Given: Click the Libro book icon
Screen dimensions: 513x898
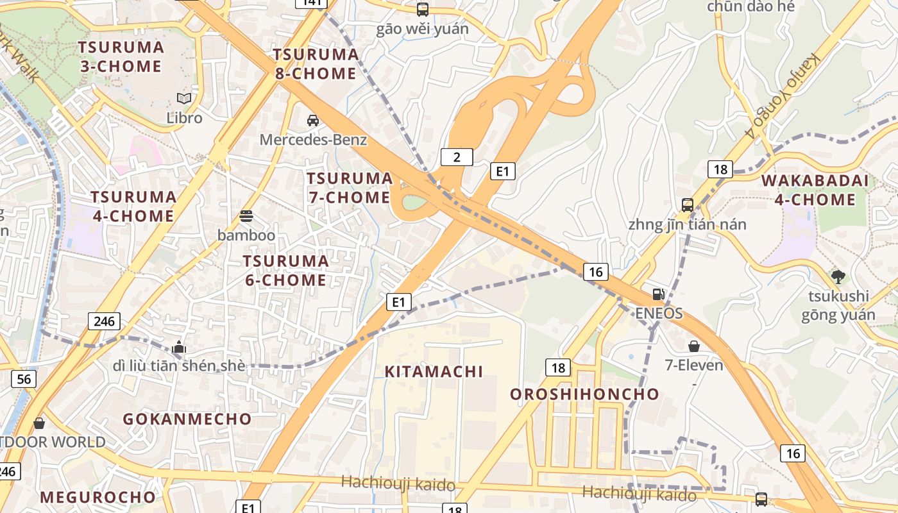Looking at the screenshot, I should tap(184, 98).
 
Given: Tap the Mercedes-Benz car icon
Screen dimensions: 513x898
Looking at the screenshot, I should tap(313, 120).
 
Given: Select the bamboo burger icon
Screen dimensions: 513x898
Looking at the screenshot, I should tap(246, 216).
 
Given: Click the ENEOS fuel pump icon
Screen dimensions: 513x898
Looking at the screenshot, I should tap(658, 294).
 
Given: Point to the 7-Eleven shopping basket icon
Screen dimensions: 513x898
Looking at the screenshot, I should tap(694, 346).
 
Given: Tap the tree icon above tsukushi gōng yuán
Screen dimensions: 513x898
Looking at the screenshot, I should tap(838, 276).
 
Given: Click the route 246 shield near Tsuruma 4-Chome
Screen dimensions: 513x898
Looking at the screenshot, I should tap(104, 321).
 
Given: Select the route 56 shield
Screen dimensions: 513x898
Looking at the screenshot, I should tap(23, 379).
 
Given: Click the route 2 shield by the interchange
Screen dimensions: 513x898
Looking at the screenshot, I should tap(457, 157).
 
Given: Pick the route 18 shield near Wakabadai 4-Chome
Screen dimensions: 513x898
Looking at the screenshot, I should tap(720, 169).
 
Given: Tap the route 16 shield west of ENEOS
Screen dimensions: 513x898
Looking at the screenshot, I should tap(596, 272).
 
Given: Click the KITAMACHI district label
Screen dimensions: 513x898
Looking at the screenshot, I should tap(434, 371).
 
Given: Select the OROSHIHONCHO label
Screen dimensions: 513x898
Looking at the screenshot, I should tap(584, 394).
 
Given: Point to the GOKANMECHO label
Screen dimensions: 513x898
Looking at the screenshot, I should tap(187, 419).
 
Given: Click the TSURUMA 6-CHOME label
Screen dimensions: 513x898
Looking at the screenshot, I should tap(285, 271).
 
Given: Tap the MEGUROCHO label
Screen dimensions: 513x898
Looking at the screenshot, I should tap(97, 498).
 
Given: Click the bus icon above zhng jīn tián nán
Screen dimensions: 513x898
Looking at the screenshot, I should tap(688, 205).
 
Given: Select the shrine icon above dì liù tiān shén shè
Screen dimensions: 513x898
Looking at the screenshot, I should tap(179, 347).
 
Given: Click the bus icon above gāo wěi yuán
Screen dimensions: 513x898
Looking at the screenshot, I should tap(422, 10).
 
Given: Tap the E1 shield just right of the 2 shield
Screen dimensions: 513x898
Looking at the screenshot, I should tap(503, 171).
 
